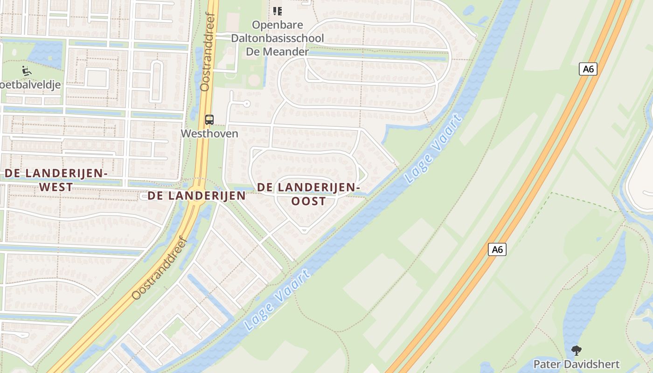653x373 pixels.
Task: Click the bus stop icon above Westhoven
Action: click(x=209, y=120)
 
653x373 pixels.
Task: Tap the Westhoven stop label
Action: click(x=209, y=134)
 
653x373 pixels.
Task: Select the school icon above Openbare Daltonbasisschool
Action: click(x=278, y=11)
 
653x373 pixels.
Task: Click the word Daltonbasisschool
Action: click(x=278, y=38)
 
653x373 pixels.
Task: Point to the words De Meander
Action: click(x=277, y=51)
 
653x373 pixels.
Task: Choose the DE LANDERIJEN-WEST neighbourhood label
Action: click(x=56, y=180)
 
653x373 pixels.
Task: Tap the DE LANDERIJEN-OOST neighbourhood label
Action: click(x=308, y=194)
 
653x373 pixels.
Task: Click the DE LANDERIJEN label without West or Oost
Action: click(x=197, y=196)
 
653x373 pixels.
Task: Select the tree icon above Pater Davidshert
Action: click(x=577, y=351)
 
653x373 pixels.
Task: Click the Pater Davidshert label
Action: click(x=577, y=364)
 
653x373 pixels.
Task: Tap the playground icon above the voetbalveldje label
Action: click(x=27, y=71)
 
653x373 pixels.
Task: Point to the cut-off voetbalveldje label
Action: click(x=30, y=85)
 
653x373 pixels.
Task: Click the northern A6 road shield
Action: click(x=588, y=69)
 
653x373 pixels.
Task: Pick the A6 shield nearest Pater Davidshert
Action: click(x=497, y=249)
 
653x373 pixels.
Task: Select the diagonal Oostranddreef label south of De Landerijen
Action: click(x=160, y=269)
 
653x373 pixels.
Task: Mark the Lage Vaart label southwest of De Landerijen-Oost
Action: click(x=277, y=299)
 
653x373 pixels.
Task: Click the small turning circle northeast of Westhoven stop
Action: click(x=247, y=104)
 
